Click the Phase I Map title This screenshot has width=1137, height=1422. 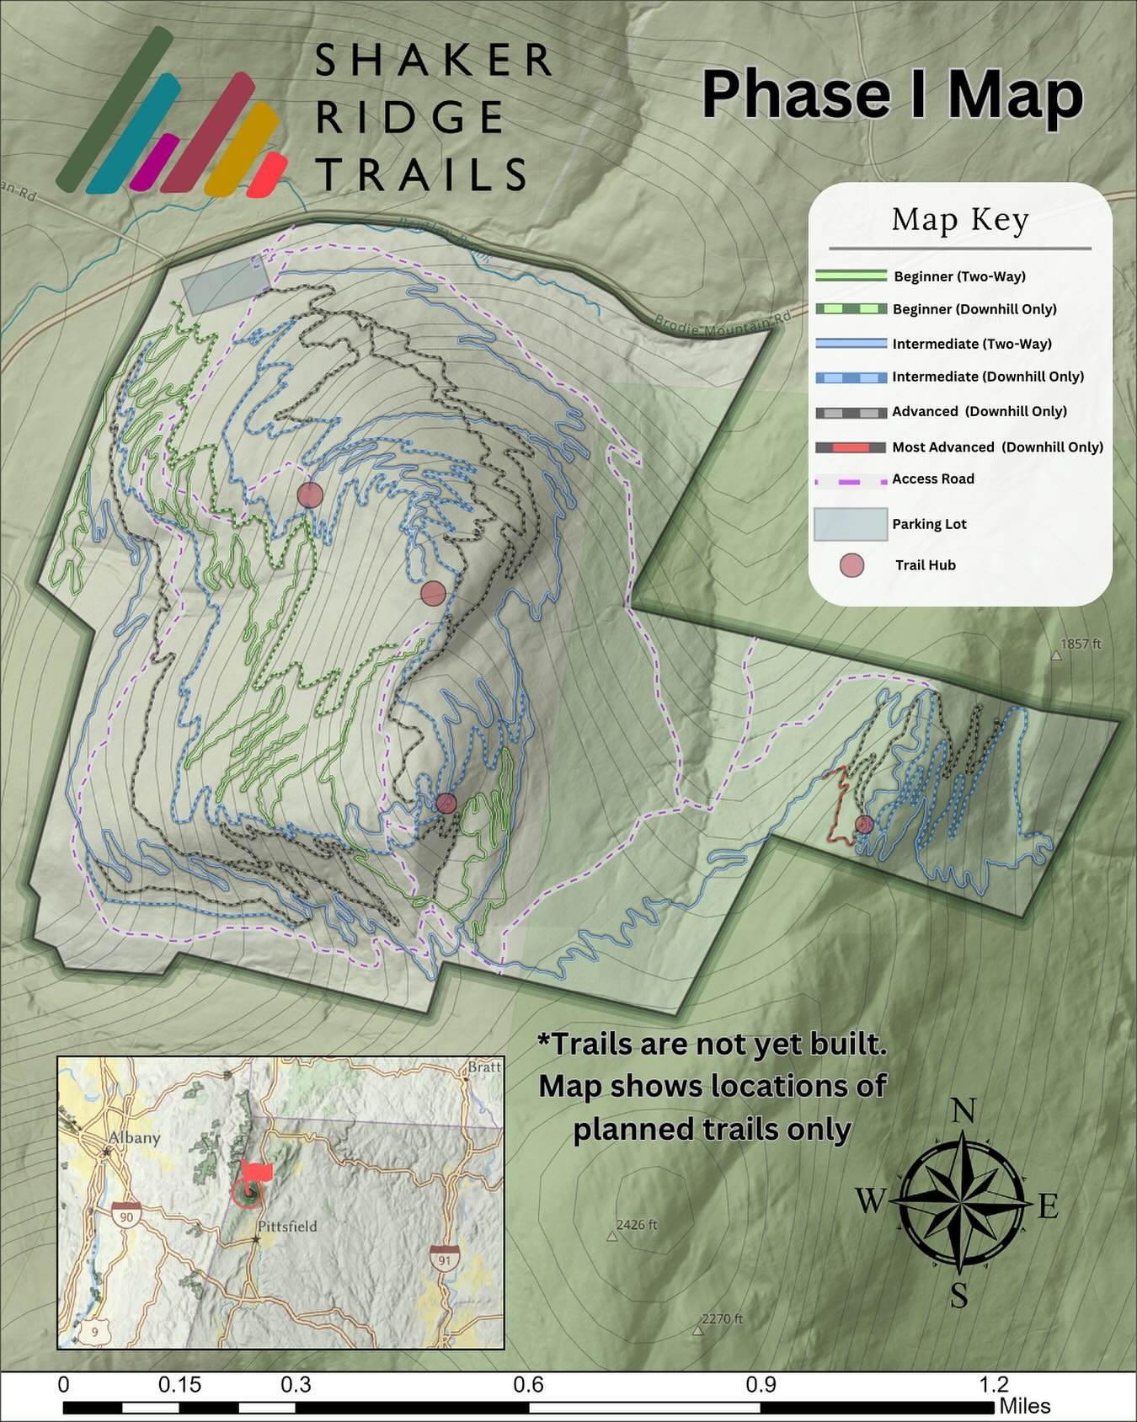coord(891,94)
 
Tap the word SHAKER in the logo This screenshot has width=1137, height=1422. coord(433,61)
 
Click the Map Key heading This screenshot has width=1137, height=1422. coord(960,220)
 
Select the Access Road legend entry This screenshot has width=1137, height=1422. coord(932,479)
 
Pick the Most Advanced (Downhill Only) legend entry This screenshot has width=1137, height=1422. coord(997,447)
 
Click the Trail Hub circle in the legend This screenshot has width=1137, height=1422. coord(852,565)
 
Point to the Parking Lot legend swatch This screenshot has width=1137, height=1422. coord(851,524)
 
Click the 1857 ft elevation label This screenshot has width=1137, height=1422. coord(1080,644)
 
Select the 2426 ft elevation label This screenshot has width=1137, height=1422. coord(636,1225)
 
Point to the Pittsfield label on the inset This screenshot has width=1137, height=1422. coord(287,1227)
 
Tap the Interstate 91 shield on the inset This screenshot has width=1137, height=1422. coord(443,1259)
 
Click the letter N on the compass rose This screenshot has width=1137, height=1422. coord(962,1112)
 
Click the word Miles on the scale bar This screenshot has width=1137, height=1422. coord(1025,1407)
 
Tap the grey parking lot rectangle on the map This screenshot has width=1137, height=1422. coord(226,285)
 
